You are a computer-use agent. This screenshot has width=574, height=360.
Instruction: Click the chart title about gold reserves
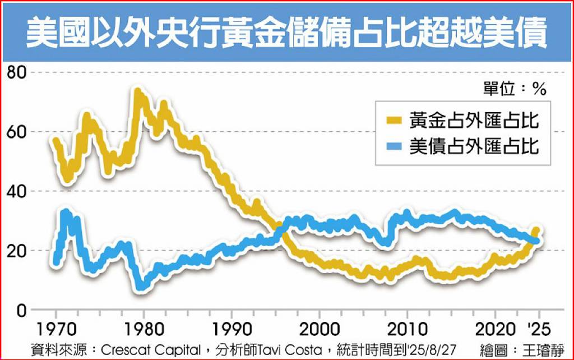click(x=286, y=33)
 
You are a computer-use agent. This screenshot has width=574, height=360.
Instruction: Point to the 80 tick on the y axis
click(x=17, y=72)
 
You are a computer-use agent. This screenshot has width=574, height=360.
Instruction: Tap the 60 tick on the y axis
click(x=17, y=132)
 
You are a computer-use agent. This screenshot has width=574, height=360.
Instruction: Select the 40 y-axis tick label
click(x=17, y=191)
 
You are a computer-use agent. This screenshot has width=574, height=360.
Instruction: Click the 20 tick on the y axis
click(x=17, y=250)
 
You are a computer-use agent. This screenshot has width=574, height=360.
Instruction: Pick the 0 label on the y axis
click(x=21, y=310)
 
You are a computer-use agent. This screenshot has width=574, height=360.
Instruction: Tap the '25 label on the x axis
click(x=539, y=329)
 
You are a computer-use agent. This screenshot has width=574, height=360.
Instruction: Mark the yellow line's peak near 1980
click(x=137, y=91)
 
